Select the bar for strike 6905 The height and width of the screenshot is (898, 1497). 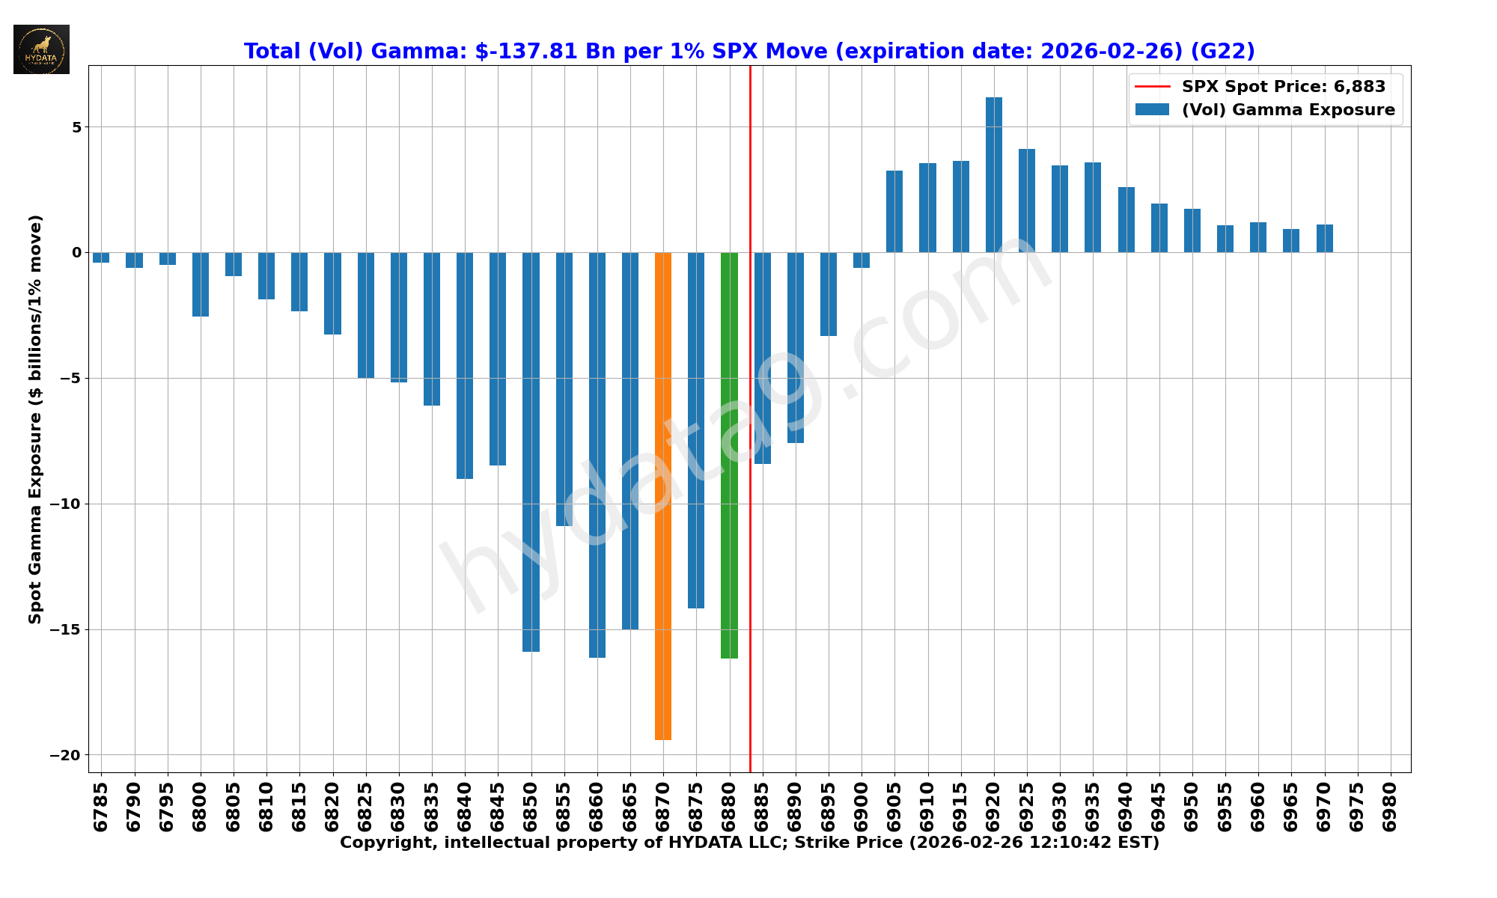(x=894, y=211)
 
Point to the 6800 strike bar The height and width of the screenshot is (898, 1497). (x=201, y=284)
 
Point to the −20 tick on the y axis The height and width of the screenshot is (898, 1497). (x=65, y=756)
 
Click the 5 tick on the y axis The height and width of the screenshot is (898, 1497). (x=76, y=127)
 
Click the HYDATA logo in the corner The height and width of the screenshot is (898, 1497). (x=41, y=49)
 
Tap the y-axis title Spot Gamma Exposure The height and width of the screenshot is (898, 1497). (x=35, y=419)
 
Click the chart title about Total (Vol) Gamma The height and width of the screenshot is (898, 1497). (x=748, y=52)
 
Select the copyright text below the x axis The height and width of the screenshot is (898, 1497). (x=748, y=843)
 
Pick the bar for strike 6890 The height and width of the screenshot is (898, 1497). (x=795, y=347)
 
